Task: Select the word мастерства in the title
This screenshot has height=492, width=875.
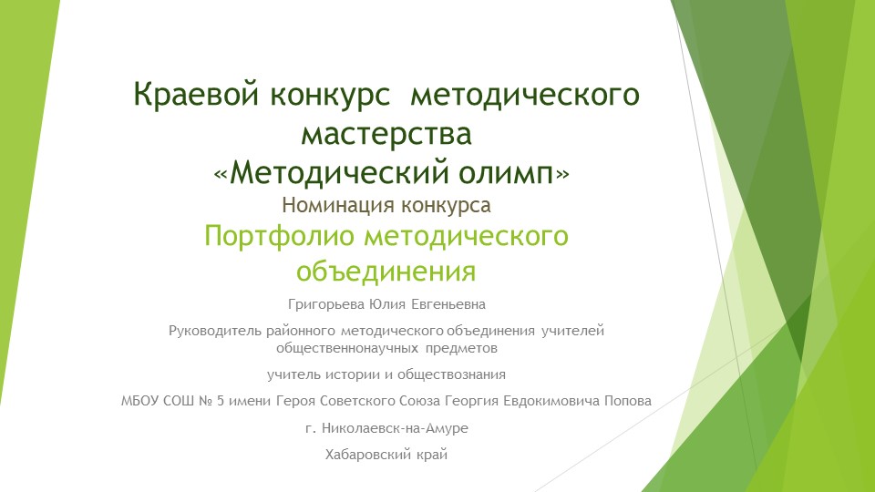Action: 387,133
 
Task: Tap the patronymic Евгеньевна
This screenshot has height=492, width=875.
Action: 453,303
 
